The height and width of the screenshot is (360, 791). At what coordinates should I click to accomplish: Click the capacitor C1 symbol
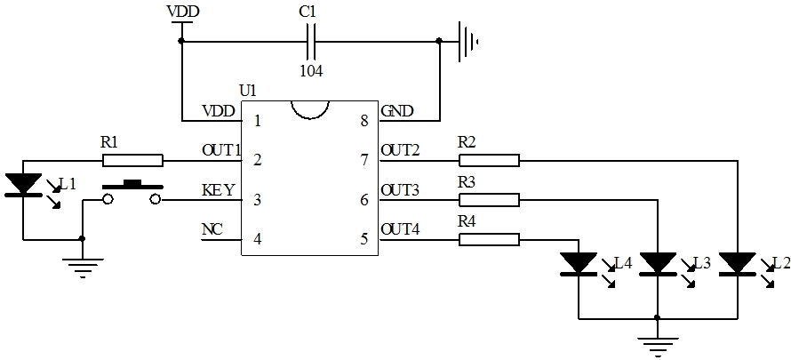point(310,40)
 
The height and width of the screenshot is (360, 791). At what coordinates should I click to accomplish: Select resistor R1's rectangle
point(132,160)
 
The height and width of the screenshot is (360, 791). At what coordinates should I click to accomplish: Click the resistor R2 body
point(489,160)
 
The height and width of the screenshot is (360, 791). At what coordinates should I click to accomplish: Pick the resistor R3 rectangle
point(489,199)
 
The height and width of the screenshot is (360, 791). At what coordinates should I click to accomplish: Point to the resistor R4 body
point(489,238)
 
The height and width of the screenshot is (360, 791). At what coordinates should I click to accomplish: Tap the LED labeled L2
point(737,264)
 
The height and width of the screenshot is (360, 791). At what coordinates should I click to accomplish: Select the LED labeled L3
point(658,264)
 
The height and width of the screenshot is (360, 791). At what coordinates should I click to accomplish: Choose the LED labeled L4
point(579,264)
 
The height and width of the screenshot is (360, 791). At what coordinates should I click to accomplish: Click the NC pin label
point(212,229)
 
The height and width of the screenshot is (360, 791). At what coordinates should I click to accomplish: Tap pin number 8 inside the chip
point(364,122)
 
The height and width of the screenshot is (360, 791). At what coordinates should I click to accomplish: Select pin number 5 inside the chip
point(364,238)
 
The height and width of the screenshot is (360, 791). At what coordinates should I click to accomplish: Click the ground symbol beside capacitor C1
point(467,40)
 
